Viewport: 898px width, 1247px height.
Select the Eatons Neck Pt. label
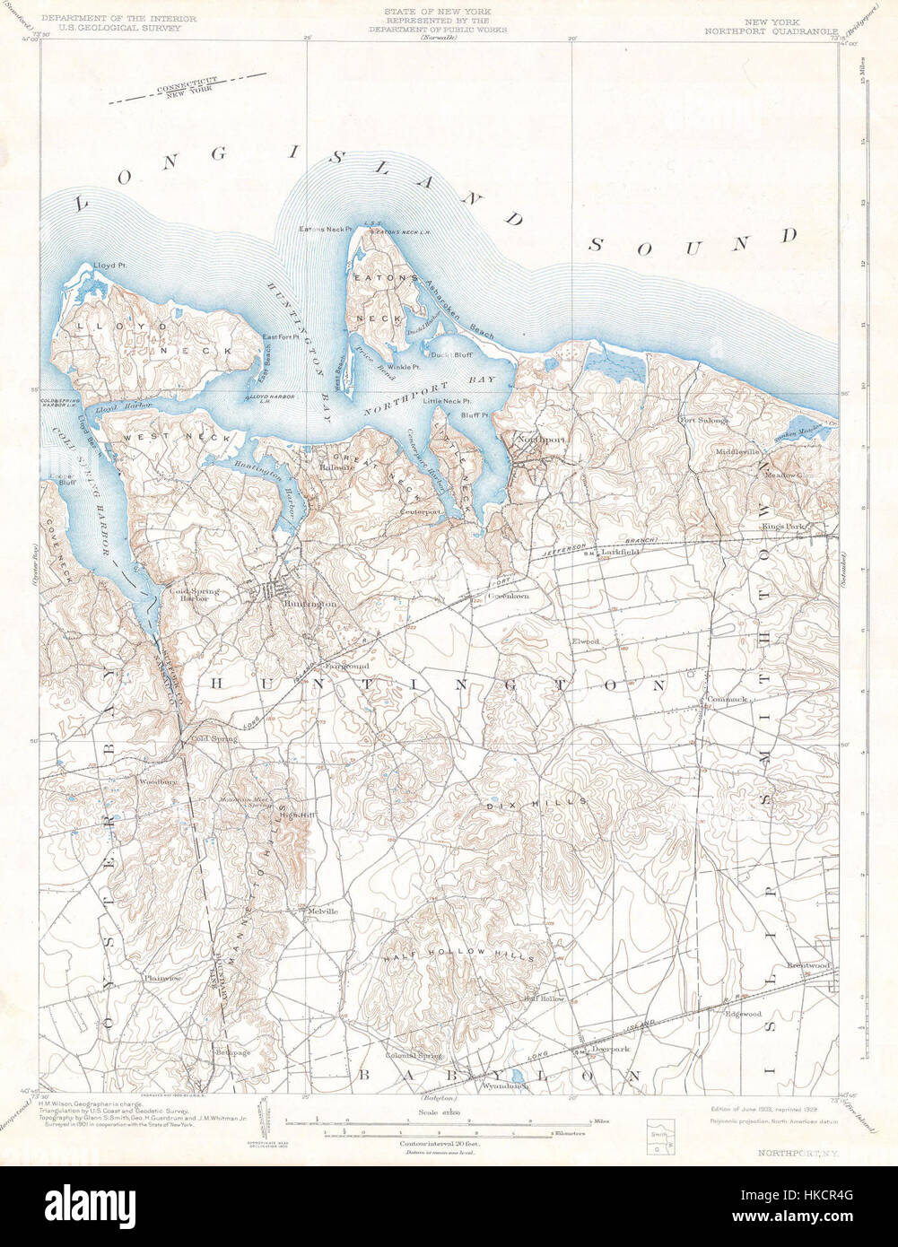tap(325, 230)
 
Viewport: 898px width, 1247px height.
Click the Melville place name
tap(323, 911)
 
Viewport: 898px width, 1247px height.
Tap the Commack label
tap(726, 698)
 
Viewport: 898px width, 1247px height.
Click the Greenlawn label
tap(508, 596)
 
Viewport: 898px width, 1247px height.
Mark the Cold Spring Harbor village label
tap(190, 594)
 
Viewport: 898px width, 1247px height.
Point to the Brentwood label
tap(808, 965)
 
